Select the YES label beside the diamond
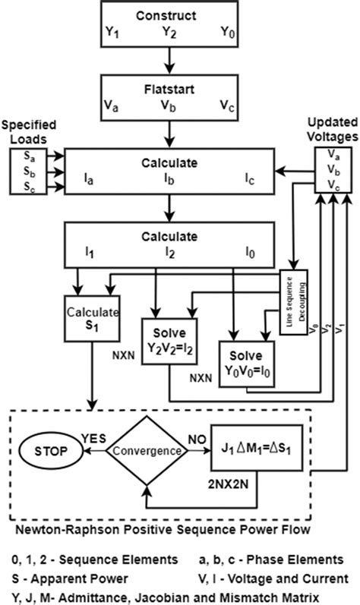(x=93, y=439)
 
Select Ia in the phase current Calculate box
(x=89, y=180)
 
